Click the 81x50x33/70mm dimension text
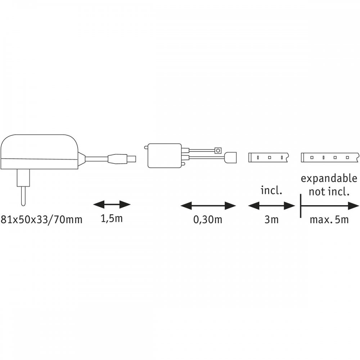[x=41, y=220]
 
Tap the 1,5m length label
[x=112, y=219]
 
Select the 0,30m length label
[x=208, y=220]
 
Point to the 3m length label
[x=271, y=220]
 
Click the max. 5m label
[x=329, y=220]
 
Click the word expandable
[x=329, y=179]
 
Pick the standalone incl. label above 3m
[x=271, y=190]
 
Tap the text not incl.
[x=329, y=192]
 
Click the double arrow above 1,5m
[x=112, y=204]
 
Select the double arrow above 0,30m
[x=208, y=206]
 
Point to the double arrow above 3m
[x=271, y=206]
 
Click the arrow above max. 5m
[x=330, y=206]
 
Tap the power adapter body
[x=40, y=152]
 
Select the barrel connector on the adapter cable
[x=122, y=158]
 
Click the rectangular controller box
[x=165, y=156]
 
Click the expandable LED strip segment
[x=330, y=158]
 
